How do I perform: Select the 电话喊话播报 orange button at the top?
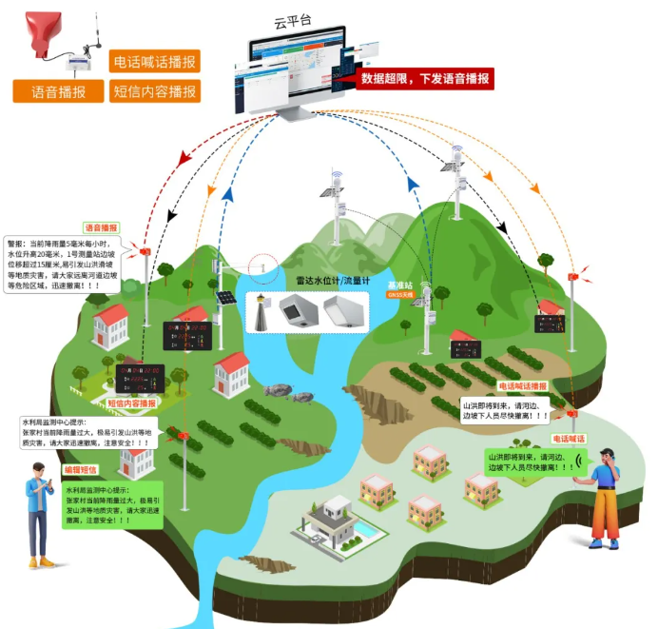[154, 63]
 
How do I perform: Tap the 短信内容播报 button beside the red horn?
[154, 92]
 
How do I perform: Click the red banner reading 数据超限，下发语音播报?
[426, 79]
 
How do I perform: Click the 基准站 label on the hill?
[399, 285]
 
